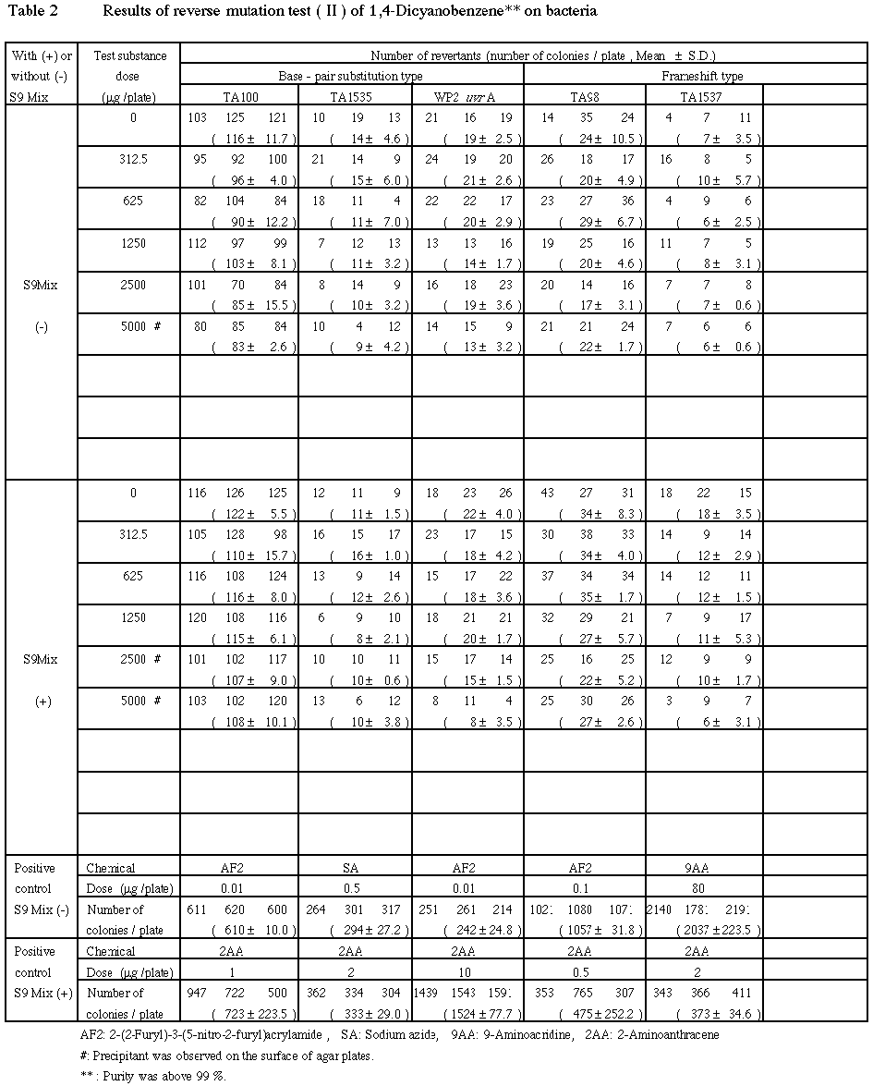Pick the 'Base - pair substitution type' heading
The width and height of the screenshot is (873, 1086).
(x=351, y=76)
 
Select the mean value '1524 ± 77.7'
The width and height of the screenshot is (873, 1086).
(x=467, y=1015)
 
